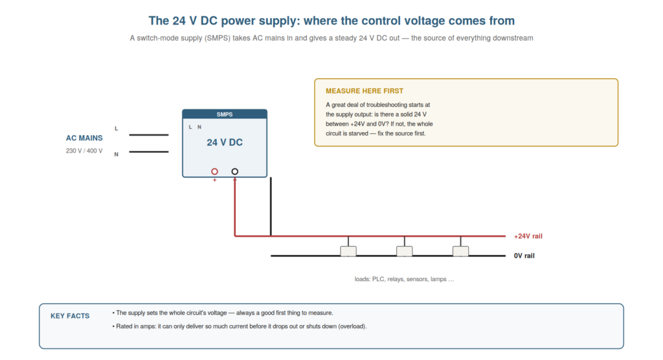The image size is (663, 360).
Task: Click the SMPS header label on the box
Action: point(225,114)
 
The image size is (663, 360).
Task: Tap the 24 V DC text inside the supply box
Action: point(225,142)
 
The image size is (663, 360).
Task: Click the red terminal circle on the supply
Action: point(215,172)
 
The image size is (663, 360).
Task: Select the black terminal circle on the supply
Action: point(234,172)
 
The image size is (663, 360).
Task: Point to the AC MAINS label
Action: point(84,138)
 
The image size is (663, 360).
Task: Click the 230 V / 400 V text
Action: point(84,151)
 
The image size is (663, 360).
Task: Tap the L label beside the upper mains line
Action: point(117,129)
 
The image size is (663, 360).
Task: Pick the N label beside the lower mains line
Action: point(117,154)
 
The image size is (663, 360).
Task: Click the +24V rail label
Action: point(528,236)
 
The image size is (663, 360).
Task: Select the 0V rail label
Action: point(524,256)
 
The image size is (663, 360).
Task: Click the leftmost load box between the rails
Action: point(348,251)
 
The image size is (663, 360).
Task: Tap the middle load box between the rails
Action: point(405,251)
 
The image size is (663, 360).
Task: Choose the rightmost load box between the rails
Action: point(460,251)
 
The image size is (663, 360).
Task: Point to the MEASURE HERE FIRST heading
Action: point(365,91)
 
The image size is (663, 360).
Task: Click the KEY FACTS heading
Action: point(70,316)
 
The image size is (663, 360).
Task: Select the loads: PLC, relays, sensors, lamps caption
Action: point(404,279)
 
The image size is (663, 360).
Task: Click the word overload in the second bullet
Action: point(352,326)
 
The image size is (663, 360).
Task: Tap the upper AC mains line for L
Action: point(149,135)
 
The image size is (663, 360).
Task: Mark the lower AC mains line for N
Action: point(149,152)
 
